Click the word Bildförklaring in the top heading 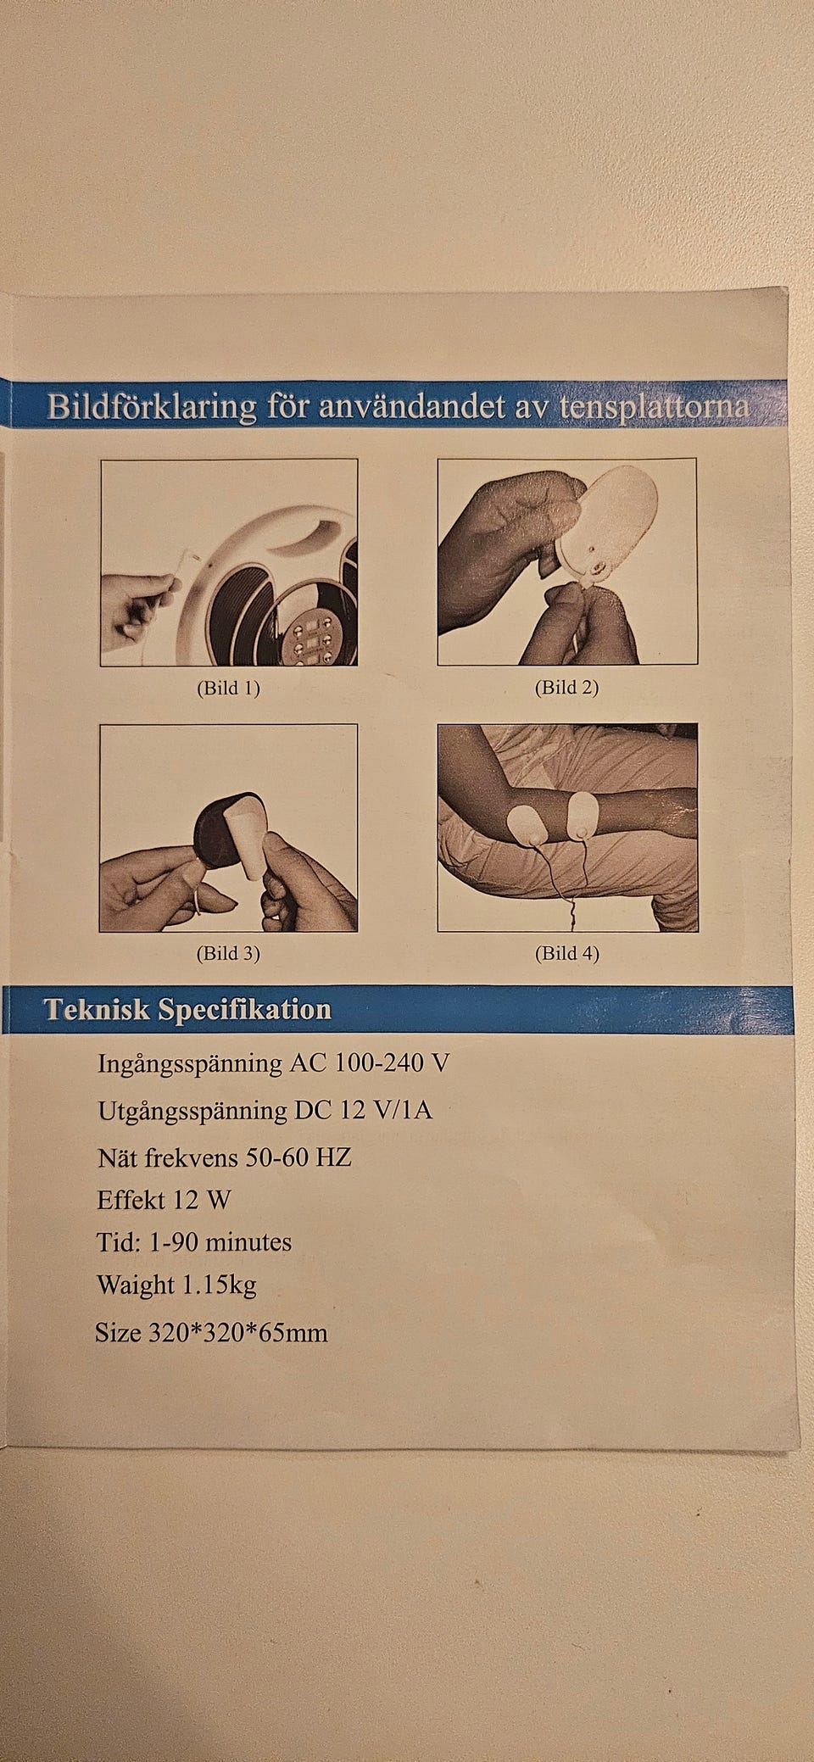[x=152, y=406]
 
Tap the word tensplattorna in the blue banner [x=655, y=406]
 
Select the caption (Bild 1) [x=228, y=688]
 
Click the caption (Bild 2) [x=566, y=688]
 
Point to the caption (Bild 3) [x=228, y=953]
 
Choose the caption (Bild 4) [x=566, y=953]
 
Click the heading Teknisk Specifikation [x=187, y=1009]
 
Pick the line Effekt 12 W [x=164, y=1200]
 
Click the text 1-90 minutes [x=220, y=1242]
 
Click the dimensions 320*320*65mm [x=238, y=1333]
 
